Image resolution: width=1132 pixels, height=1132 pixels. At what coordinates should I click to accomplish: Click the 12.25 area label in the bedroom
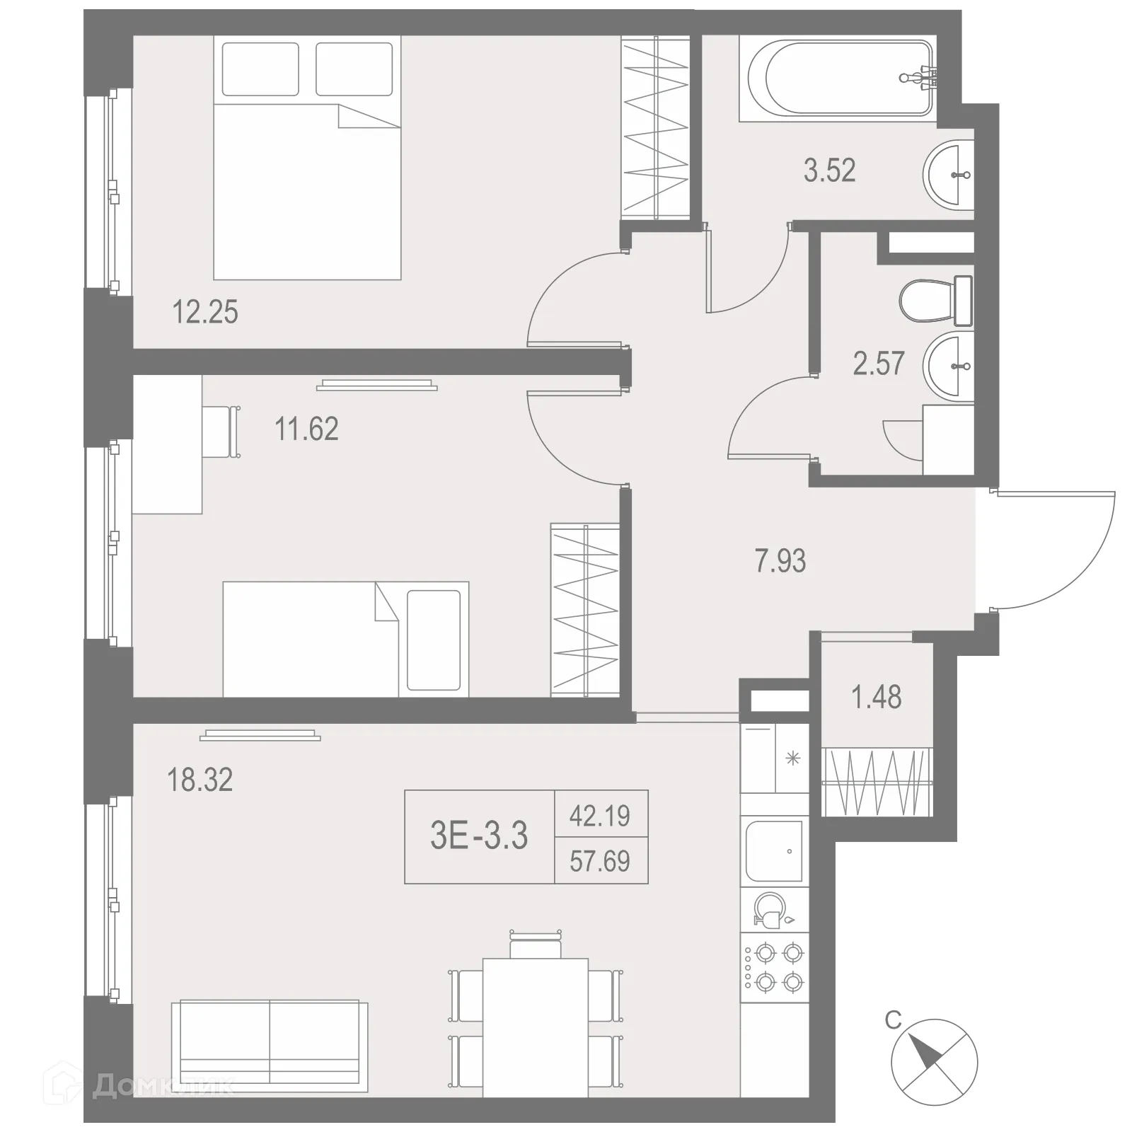tap(205, 312)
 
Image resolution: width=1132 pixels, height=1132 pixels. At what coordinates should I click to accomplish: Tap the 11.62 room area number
tap(306, 429)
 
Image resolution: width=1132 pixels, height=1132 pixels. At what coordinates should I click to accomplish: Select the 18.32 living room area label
tap(200, 780)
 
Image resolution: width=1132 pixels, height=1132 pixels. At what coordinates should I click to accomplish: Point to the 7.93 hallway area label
tap(780, 561)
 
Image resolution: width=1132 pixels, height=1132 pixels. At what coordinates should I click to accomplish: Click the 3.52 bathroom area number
tap(829, 171)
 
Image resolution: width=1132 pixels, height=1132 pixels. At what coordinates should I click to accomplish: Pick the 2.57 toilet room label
tap(878, 364)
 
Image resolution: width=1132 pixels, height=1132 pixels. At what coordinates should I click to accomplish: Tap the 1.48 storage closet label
tap(876, 698)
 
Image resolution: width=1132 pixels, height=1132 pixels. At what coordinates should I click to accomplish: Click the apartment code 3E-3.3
tap(479, 836)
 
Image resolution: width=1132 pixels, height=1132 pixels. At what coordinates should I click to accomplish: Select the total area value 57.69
tap(600, 861)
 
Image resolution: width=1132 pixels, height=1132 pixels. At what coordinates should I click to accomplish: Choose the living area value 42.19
tap(600, 816)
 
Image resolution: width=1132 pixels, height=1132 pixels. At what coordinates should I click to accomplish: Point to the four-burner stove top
tap(774, 967)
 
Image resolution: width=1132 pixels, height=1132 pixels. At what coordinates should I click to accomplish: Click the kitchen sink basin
tap(773, 850)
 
